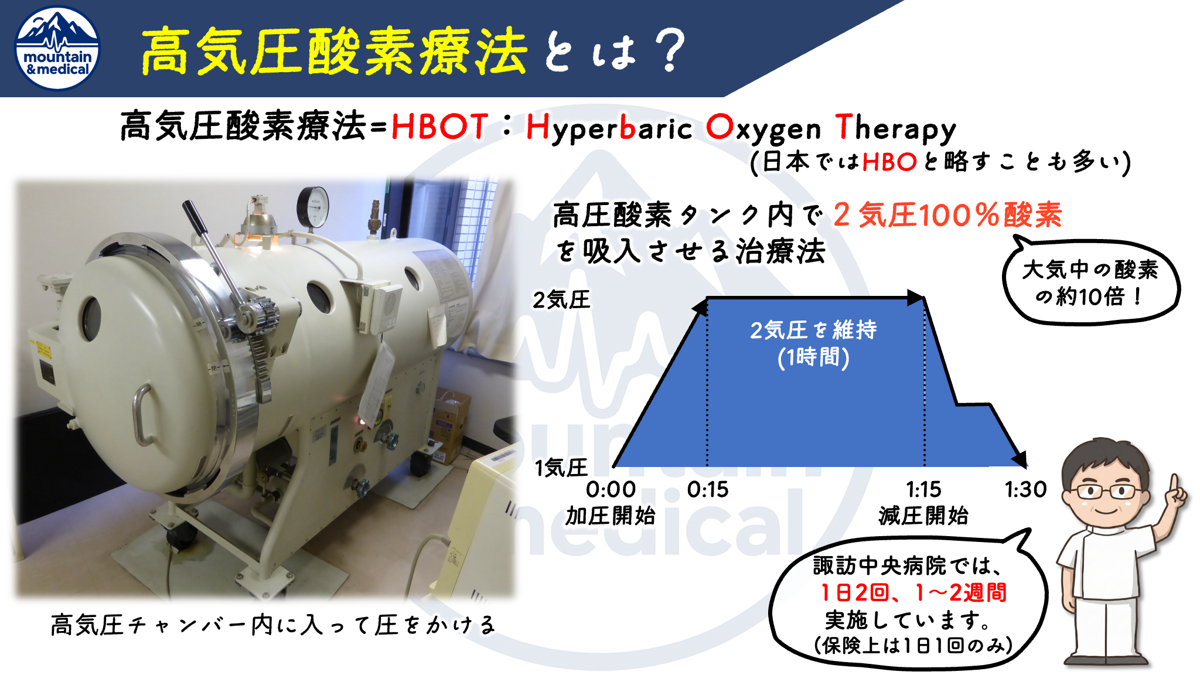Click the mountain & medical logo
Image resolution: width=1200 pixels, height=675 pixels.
point(57,49)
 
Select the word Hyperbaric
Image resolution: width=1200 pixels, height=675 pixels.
point(609,128)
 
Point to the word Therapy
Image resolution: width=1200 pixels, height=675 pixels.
point(896,128)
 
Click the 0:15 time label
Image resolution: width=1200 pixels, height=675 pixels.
point(708,489)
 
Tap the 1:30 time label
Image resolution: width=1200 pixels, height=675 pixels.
point(1025,489)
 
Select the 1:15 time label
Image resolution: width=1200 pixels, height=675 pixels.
point(923,489)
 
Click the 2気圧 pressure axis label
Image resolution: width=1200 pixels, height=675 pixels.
point(561,300)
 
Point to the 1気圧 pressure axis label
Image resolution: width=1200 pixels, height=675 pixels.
point(561,468)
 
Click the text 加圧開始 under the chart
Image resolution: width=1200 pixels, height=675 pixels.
point(611,516)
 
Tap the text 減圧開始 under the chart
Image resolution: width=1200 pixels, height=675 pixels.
point(923,516)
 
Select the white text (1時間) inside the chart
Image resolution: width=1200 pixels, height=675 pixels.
point(813,357)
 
